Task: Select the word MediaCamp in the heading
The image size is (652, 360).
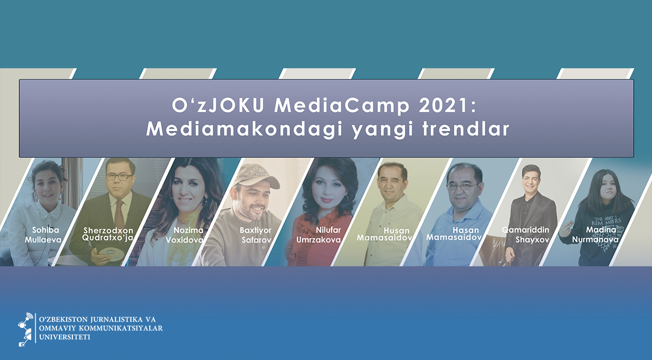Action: tap(342, 106)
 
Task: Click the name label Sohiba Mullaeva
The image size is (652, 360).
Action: tap(43, 235)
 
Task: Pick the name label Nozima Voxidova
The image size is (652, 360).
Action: tap(184, 235)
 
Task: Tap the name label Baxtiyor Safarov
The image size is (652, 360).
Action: tap(256, 235)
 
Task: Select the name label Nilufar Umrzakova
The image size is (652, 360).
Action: tap(318, 235)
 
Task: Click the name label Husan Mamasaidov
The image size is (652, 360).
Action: tap(385, 234)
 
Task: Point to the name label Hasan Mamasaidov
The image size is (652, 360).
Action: tap(454, 234)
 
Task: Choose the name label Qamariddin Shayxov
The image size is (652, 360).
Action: tap(525, 235)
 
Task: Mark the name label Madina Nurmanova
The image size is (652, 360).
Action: tap(595, 235)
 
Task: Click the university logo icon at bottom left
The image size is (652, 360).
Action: tap(25, 330)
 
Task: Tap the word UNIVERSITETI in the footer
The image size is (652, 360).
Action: tap(65, 337)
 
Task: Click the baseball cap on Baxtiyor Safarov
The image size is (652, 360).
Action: tap(256, 176)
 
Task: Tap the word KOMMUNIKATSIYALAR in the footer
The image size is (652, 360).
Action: tap(121, 328)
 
